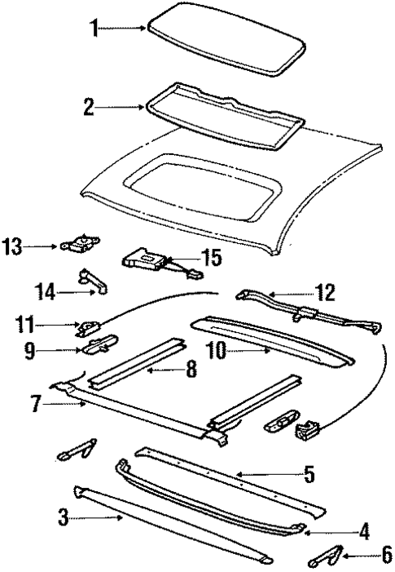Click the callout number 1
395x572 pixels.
tap(94, 29)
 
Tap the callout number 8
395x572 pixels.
tap(191, 370)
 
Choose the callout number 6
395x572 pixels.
tap(375, 556)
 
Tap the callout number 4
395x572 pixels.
tap(364, 531)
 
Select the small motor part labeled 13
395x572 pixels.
tap(78, 242)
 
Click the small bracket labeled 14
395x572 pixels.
tap(94, 282)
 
